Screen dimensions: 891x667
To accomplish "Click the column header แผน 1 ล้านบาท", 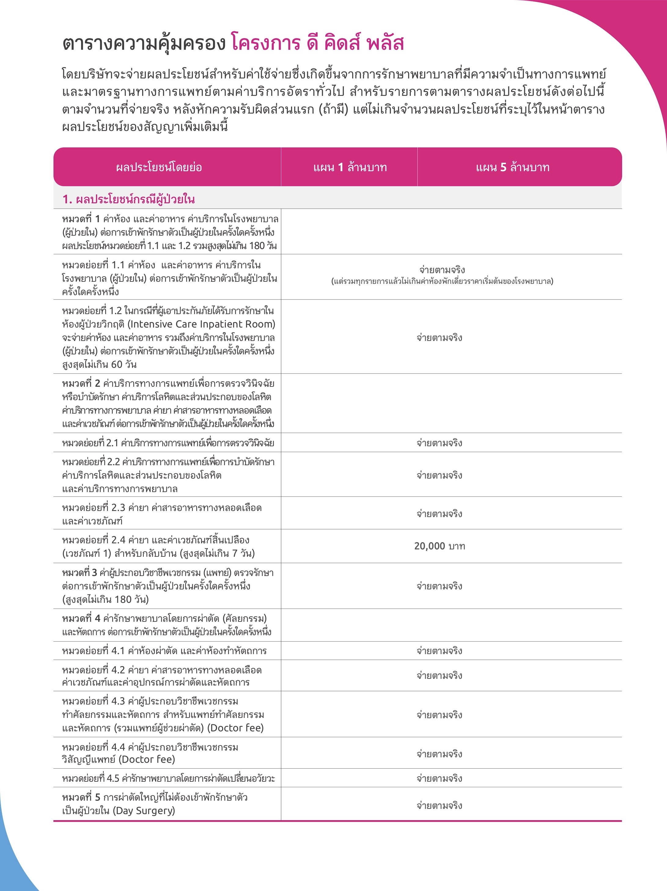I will point(350,167).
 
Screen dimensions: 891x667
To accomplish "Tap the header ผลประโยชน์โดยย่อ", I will point(159,167).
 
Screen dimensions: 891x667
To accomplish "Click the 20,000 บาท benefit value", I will point(439,546).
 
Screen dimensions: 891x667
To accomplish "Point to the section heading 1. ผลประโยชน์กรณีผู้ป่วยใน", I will point(128,199).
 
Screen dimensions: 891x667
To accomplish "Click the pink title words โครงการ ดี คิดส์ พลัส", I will point(317,43).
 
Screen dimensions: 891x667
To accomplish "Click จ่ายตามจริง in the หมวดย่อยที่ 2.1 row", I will point(439,443).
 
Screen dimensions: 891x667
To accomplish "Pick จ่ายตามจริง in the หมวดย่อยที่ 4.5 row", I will point(439,778).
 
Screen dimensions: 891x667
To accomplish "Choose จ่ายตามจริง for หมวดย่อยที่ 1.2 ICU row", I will point(439,338).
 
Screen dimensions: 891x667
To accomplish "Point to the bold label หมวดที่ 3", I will point(79,572).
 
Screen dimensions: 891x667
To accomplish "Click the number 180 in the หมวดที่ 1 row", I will point(257,246).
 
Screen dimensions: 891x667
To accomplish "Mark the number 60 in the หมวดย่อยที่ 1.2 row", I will point(116,364).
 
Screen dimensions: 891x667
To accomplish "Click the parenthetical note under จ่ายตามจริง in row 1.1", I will point(442,281).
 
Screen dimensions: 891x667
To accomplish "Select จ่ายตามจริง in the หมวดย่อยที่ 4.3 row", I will point(439,715).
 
